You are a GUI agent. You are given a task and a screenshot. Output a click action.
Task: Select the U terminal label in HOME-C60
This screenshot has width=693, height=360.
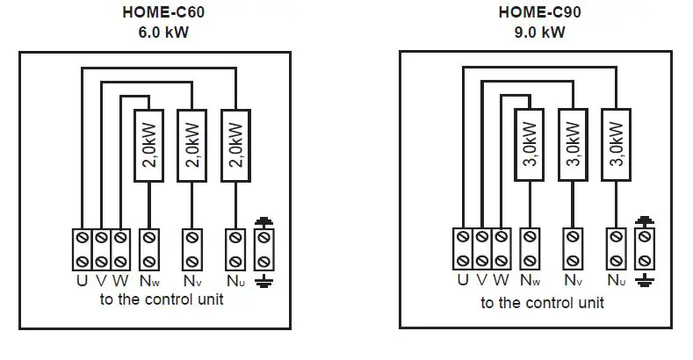pos(81,282)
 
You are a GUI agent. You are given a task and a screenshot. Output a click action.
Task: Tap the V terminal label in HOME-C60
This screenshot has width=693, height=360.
pos(101,282)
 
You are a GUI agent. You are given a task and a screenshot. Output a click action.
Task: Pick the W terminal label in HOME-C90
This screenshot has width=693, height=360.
pos(502,282)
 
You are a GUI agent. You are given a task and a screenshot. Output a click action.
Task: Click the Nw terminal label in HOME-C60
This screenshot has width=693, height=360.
pos(149,283)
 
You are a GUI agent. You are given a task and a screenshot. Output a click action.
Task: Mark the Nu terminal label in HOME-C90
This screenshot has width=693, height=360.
pos(617,283)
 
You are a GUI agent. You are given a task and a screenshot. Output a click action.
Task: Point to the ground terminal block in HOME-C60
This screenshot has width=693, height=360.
pos(263,249)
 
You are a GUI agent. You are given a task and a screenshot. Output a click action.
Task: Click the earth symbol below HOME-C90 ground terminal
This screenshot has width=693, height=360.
pos(646,281)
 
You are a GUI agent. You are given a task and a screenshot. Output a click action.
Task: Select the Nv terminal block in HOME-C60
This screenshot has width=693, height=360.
pos(191,249)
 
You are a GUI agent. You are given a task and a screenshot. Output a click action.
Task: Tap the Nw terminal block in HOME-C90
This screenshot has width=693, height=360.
pos(529,249)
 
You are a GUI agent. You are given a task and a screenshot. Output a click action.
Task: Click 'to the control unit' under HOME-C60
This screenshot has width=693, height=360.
pos(160,299)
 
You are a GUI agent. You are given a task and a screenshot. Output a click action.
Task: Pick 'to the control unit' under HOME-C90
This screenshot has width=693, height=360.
pos(542,304)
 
